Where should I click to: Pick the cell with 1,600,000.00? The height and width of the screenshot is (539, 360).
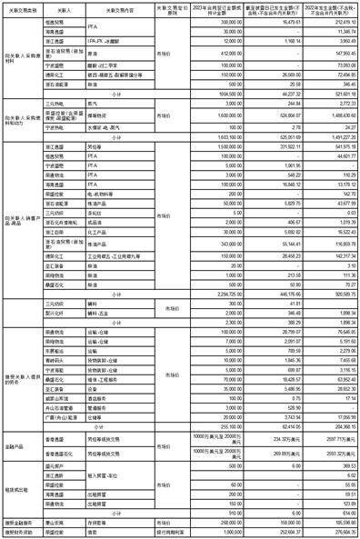tap(230, 115)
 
